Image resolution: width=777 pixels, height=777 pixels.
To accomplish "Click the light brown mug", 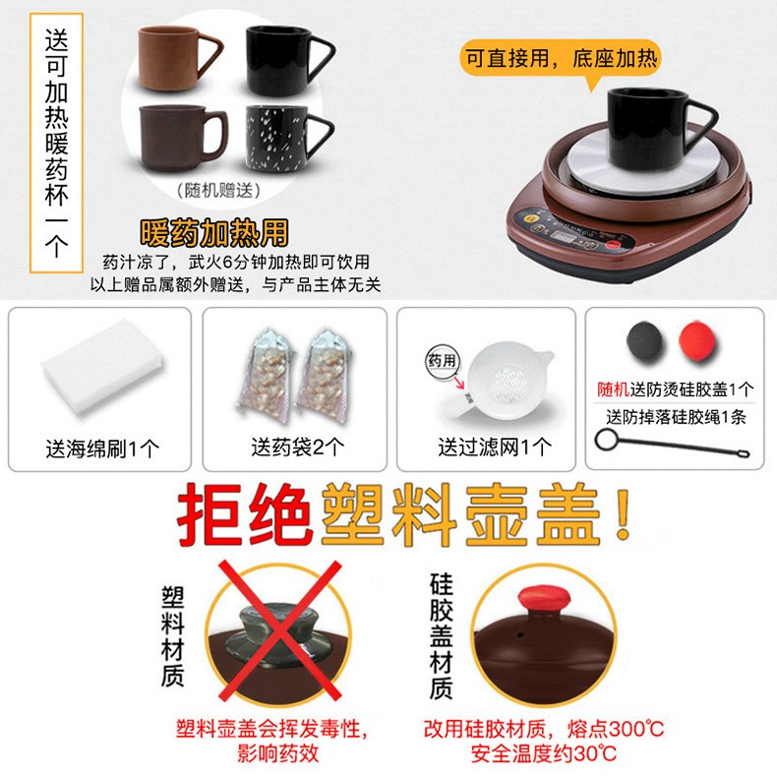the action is (171, 58).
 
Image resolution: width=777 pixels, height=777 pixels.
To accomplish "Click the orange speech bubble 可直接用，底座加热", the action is (561, 59).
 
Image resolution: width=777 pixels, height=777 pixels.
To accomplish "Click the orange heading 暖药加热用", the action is (214, 232).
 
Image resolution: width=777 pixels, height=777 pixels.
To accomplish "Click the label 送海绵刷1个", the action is (102, 448).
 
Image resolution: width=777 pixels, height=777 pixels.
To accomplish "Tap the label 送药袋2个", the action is (298, 448).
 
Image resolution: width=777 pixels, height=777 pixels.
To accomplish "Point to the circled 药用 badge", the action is (442, 361).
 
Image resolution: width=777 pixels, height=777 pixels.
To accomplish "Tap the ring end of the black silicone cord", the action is (606, 440).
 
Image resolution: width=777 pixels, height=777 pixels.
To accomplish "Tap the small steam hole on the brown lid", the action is (521, 634).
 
